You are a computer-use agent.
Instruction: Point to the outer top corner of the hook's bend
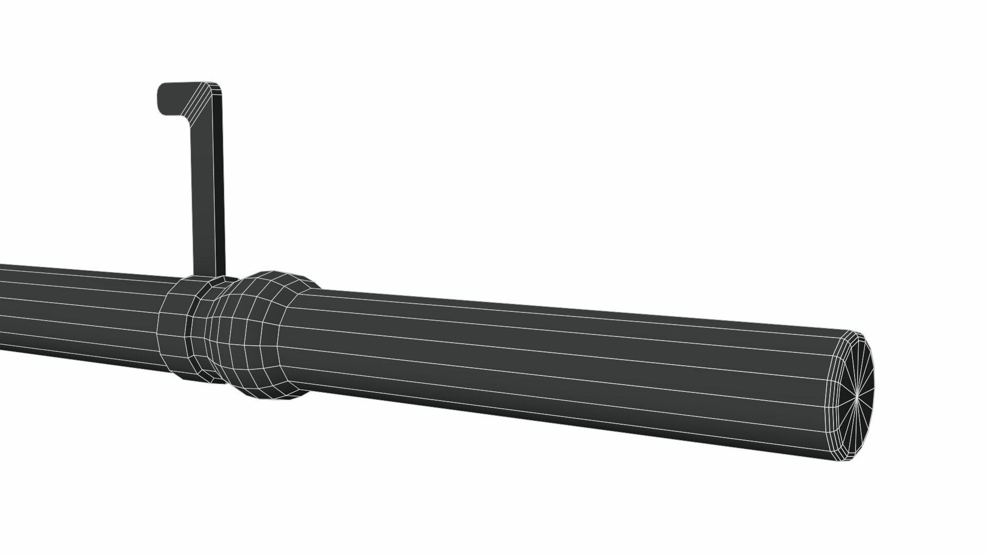coord(218,85)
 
